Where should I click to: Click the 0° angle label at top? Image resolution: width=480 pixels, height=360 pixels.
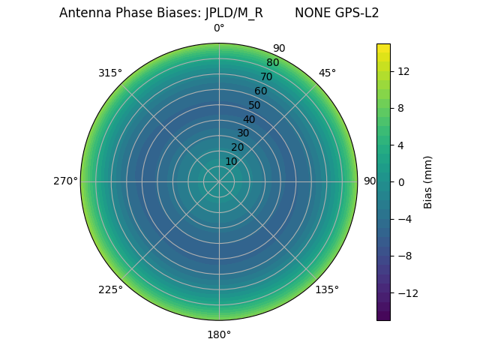[219, 28]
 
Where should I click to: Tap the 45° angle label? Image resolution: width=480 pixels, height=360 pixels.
[327, 73]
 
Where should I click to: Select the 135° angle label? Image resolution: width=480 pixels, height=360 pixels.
[327, 289]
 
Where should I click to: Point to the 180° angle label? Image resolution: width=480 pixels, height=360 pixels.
[219, 334]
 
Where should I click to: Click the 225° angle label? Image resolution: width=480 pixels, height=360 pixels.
[110, 289]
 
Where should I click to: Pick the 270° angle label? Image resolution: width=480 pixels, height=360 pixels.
[66, 181]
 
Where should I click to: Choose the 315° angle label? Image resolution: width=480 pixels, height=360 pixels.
[110, 73]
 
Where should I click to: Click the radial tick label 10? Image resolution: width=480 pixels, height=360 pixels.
[231, 161]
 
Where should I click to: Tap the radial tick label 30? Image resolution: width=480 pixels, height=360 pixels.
[243, 133]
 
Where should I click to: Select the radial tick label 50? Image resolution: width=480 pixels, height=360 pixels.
[255, 105]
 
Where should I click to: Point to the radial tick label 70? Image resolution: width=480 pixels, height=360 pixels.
[267, 77]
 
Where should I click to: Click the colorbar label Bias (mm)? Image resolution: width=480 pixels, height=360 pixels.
[428, 182]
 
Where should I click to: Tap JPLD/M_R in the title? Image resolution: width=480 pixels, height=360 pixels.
[234, 13]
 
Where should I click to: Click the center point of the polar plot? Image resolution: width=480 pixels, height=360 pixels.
[219, 181]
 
